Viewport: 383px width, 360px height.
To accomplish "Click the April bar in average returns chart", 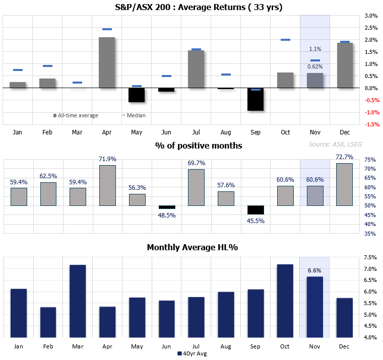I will tap(107, 62).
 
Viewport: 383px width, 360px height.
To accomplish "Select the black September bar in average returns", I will tap(256, 99).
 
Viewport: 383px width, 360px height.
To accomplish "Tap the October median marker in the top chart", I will tap(285, 39).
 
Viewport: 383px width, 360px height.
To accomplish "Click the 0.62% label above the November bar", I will tap(315, 66).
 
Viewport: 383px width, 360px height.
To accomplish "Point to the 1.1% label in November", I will tap(315, 49).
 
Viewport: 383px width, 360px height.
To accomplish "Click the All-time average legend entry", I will tap(77, 115).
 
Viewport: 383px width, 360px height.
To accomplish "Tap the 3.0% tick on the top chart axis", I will tap(371, 16).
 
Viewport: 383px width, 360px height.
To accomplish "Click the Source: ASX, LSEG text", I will tap(335, 144).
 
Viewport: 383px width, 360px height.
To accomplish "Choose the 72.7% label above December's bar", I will tap(344, 158).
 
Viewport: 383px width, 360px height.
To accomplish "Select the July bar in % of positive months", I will tap(196, 187).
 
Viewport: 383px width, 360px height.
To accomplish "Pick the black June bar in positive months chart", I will tap(166, 207).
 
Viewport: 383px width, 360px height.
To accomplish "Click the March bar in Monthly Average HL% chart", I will tap(78, 301).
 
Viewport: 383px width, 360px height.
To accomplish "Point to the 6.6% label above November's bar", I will tap(315, 271).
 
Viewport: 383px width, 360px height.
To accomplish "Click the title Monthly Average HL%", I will tap(192, 247).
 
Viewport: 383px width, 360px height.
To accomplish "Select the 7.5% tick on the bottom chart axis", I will tap(371, 257).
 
